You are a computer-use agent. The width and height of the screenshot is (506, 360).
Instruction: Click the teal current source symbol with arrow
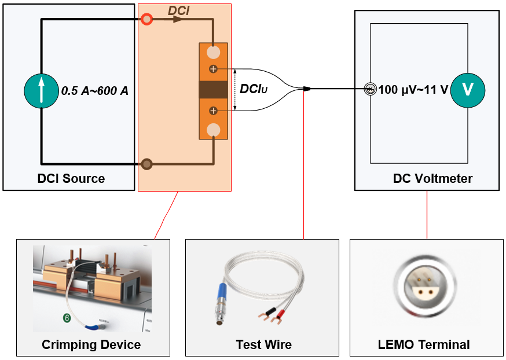click(x=41, y=90)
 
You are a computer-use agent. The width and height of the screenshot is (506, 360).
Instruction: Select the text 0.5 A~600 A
click(x=95, y=91)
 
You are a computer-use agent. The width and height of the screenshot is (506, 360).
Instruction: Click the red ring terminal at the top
click(x=147, y=20)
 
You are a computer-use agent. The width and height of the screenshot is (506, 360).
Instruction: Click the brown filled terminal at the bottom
click(x=147, y=164)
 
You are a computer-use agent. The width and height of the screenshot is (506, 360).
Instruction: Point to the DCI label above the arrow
click(x=179, y=10)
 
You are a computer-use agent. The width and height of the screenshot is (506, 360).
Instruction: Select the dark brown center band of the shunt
click(x=214, y=90)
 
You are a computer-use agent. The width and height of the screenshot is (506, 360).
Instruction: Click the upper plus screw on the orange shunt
click(x=213, y=69)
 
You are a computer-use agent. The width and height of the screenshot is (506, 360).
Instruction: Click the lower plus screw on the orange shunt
click(x=213, y=110)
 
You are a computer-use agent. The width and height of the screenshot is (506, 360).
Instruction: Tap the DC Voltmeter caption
click(x=432, y=178)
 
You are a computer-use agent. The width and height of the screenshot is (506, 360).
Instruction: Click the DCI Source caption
click(x=71, y=178)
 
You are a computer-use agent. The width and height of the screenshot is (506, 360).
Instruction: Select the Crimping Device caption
click(x=91, y=344)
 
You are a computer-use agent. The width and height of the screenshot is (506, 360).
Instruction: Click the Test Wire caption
click(x=263, y=344)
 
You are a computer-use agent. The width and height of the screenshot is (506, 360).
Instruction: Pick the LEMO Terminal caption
click(x=424, y=344)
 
